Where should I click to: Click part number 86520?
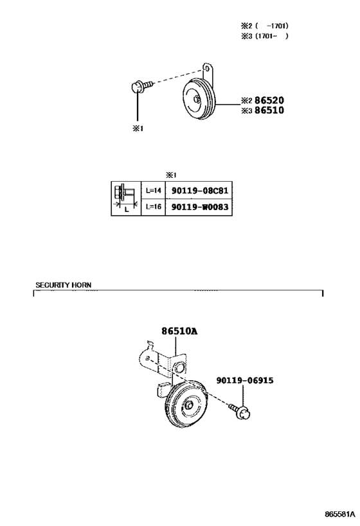coord(269,100)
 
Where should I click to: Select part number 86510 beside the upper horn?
coord(269,110)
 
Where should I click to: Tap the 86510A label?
coord(179,331)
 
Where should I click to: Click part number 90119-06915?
coord(245,380)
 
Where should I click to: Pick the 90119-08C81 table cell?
coord(200,191)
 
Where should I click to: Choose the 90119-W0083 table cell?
coord(200,207)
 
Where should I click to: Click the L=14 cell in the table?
coord(154,191)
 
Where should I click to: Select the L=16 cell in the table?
coord(154,207)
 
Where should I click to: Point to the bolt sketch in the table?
coord(125,198)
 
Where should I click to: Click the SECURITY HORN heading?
coord(64,285)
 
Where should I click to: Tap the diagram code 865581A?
coord(339,514)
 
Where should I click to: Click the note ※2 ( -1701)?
coord(265,26)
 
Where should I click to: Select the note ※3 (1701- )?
coord(265,36)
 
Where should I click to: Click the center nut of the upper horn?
coord(197,99)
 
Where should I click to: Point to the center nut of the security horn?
coord(189,405)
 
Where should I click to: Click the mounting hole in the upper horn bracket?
coord(208,69)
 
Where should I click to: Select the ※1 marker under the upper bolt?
coord(138,128)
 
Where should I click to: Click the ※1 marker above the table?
coord(171,175)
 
